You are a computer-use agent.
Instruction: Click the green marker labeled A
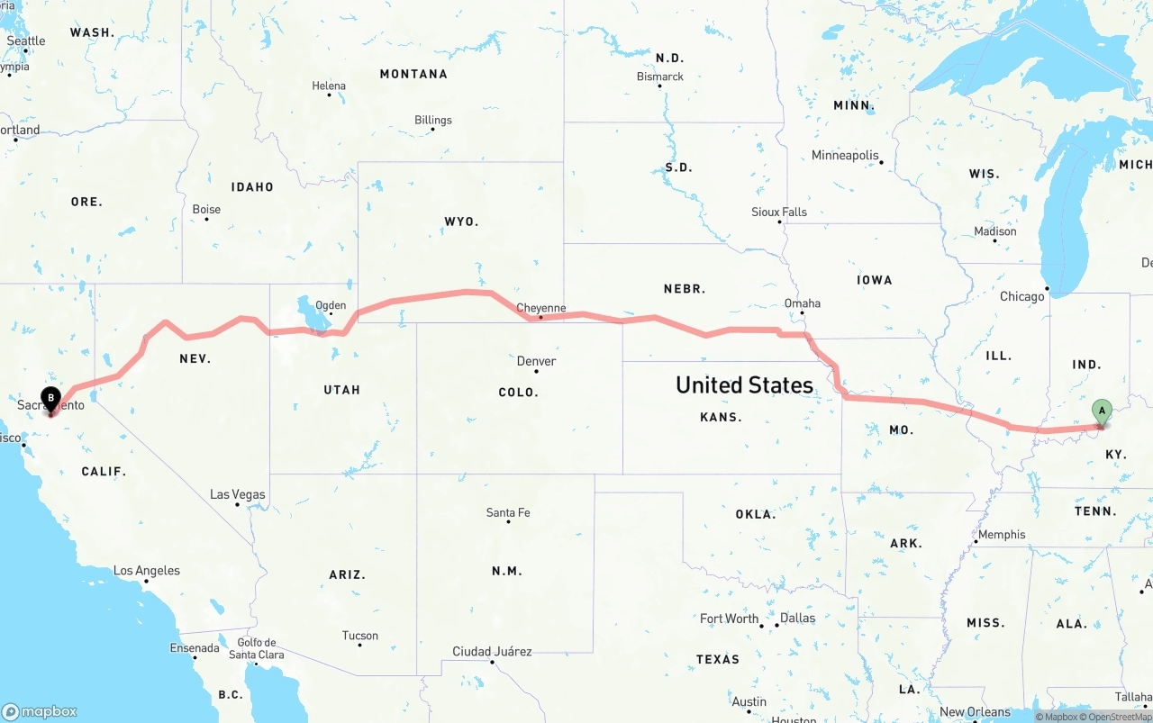point(1101,411)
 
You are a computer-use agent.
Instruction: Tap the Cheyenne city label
point(540,308)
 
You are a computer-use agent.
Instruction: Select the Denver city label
point(536,361)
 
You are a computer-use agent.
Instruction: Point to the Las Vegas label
point(238,494)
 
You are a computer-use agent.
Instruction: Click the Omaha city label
point(802,303)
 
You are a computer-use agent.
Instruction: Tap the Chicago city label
point(1021,296)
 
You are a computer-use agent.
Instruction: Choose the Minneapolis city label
point(845,155)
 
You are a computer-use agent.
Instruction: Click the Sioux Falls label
point(779,212)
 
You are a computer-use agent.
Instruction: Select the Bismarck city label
point(660,77)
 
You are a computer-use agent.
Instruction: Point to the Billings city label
point(433,120)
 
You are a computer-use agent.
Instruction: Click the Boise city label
point(206,209)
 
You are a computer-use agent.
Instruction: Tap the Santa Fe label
point(508,512)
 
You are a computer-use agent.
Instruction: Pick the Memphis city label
point(1002,534)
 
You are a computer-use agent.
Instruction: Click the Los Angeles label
point(147,570)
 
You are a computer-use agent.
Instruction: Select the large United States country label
point(744,385)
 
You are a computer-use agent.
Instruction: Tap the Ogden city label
point(331,305)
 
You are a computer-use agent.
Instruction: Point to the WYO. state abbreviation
point(461,221)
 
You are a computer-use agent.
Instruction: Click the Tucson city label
point(360,635)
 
